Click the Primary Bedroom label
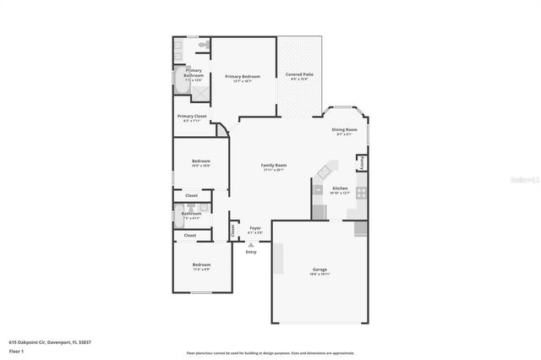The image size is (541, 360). coord(243,77)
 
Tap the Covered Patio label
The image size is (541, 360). coord(299,74)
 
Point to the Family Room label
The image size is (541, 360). coord(273,166)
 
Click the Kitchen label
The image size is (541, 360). coord(340,188)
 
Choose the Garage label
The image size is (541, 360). coord(320,270)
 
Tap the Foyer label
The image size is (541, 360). coord(254,228)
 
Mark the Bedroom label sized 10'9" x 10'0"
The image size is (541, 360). coord(200,161)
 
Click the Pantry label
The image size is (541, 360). coord(362,161)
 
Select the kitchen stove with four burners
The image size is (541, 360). coord(361,193)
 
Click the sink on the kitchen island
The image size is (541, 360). coord(323,173)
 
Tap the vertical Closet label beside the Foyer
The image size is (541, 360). coord(232,230)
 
